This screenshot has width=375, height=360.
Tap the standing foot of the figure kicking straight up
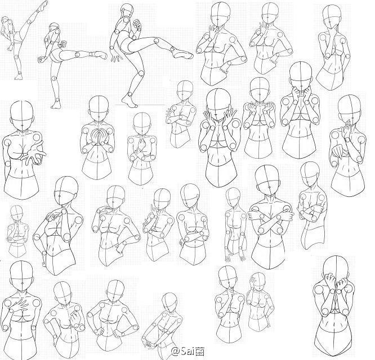coord(18,76)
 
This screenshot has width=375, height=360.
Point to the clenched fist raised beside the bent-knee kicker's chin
coord(137,24)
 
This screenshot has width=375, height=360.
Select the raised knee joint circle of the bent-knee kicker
coord(157,40)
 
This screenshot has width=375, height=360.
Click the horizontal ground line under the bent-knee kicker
coord(141,105)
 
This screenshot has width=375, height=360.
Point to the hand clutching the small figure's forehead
coord(255,281)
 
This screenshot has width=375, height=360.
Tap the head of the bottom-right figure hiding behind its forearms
coord(336,268)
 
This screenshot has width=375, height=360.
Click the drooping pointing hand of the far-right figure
coord(338,151)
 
